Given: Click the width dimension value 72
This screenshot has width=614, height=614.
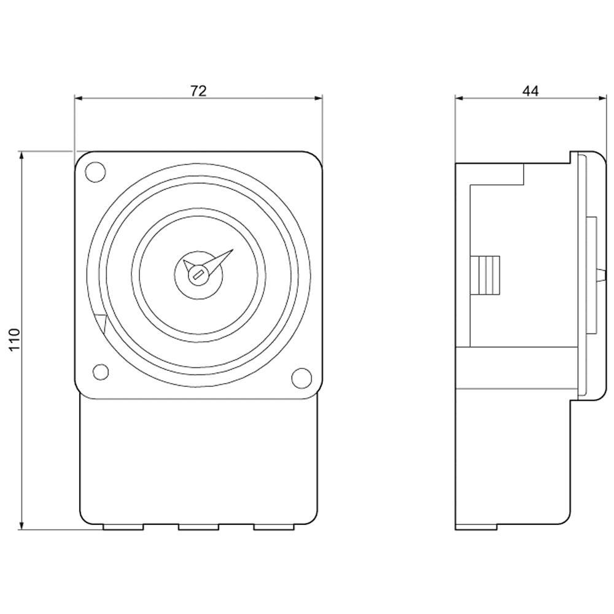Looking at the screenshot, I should pyautogui.click(x=198, y=91).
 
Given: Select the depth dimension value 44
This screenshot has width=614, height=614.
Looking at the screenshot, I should pyautogui.click(x=530, y=91).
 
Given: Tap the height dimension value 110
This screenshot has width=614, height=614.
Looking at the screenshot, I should pyautogui.click(x=15, y=340).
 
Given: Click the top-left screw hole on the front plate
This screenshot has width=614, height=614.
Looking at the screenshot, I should pyautogui.click(x=95, y=171).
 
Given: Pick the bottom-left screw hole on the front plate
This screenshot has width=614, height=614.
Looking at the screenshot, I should pyautogui.click(x=100, y=372).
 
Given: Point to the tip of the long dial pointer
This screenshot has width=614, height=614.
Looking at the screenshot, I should pyautogui.click(x=232, y=251).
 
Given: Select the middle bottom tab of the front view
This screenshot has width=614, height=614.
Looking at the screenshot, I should pyautogui.click(x=198, y=527).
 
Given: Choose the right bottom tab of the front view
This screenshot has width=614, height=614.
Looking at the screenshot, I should pyautogui.click(x=274, y=527).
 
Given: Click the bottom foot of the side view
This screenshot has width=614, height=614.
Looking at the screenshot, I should pyautogui.click(x=476, y=527).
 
